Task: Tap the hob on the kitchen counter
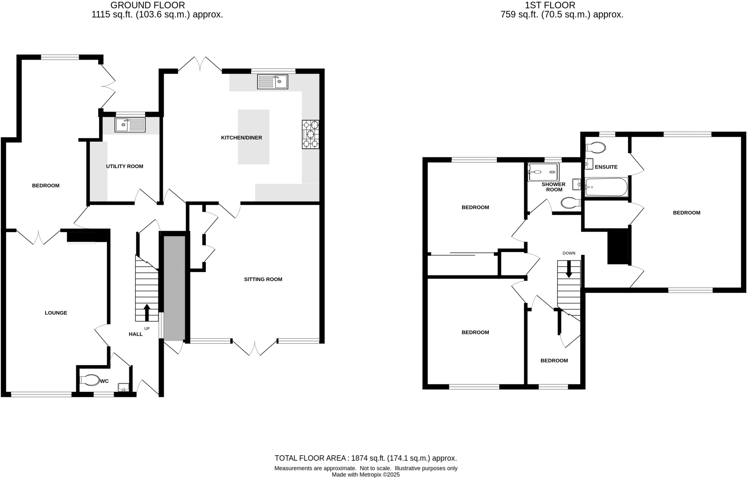(310, 134)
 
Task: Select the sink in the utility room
(130, 125)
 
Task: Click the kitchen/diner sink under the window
(272, 81)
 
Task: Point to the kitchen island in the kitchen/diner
(253, 137)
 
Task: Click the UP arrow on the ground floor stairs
(147, 312)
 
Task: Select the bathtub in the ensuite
(606, 187)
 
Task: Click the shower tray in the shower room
(543, 172)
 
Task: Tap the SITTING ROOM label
(263, 279)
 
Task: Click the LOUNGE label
(56, 313)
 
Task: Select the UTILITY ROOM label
(124, 166)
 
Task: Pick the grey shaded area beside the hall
(174, 288)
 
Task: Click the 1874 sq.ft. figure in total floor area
(367, 458)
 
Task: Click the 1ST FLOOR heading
(550, 5)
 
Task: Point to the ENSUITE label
(606, 167)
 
